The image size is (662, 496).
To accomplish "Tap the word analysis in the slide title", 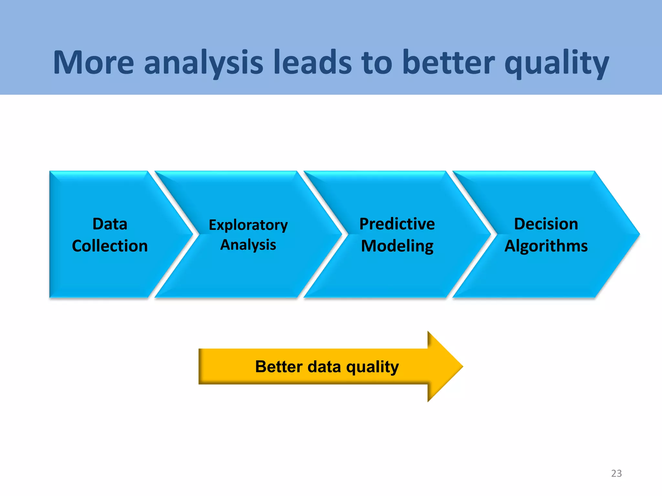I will pyautogui.click(x=204, y=63).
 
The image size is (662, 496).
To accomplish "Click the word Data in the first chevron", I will pyautogui.click(x=110, y=224).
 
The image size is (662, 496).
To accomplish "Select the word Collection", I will pyautogui.click(x=110, y=246).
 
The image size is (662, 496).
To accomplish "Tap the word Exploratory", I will pyautogui.click(x=248, y=225).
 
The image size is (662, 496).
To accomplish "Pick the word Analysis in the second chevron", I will pyautogui.click(x=248, y=245).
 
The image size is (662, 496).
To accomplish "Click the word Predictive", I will pyautogui.click(x=397, y=224).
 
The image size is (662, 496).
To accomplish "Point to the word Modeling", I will pyautogui.click(x=397, y=246).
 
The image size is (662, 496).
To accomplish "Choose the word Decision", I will pyautogui.click(x=546, y=224).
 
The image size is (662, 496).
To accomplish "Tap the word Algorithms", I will pyautogui.click(x=546, y=246).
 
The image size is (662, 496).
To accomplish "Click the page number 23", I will pyautogui.click(x=616, y=473).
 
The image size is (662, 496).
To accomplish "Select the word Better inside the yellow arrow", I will pyautogui.click(x=279, y=367).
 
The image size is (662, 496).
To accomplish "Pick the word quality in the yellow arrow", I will pyautogui.click(x=372, y=367).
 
